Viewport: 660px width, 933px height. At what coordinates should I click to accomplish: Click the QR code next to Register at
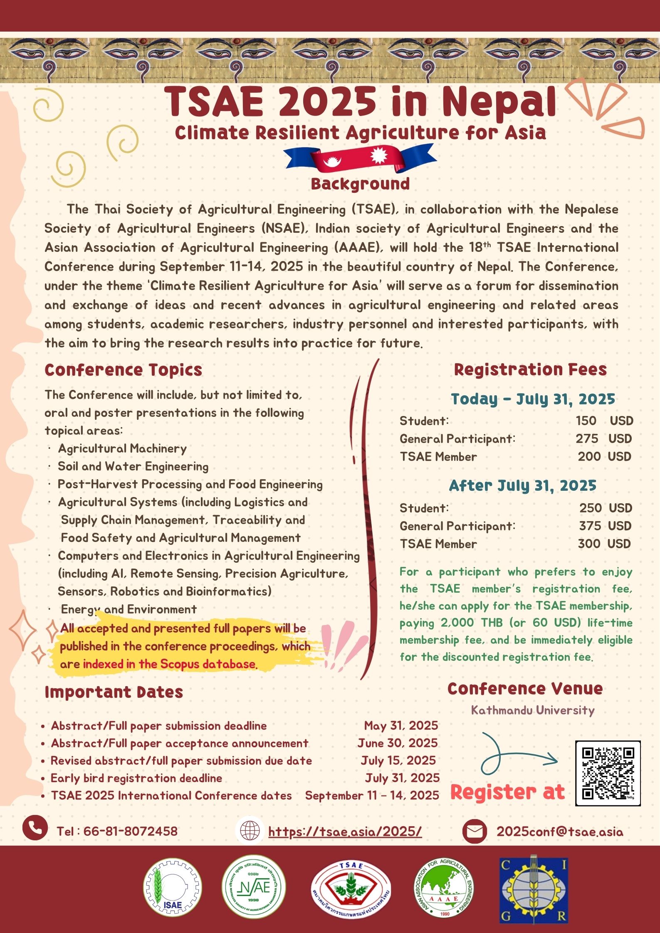(608, 773)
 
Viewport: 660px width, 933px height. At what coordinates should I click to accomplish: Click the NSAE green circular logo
(254, 887)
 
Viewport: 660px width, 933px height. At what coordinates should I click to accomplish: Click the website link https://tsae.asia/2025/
(345, 831)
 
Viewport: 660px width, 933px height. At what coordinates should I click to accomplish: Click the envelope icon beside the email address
(475, 831)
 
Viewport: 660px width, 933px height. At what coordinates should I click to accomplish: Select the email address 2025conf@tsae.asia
(560, 832)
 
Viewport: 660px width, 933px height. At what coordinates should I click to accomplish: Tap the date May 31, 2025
(401, 726)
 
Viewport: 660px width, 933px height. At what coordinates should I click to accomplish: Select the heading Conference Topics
(123, 370)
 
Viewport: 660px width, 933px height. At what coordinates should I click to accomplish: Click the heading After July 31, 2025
(522, 485)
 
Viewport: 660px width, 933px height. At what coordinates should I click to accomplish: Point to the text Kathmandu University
(533, 710)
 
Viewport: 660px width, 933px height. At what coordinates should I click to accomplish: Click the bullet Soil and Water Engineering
(133, 466)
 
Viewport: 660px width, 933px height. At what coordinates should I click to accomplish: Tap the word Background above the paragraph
(360, 184)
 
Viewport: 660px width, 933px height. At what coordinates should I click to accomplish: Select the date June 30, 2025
(397, 743)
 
